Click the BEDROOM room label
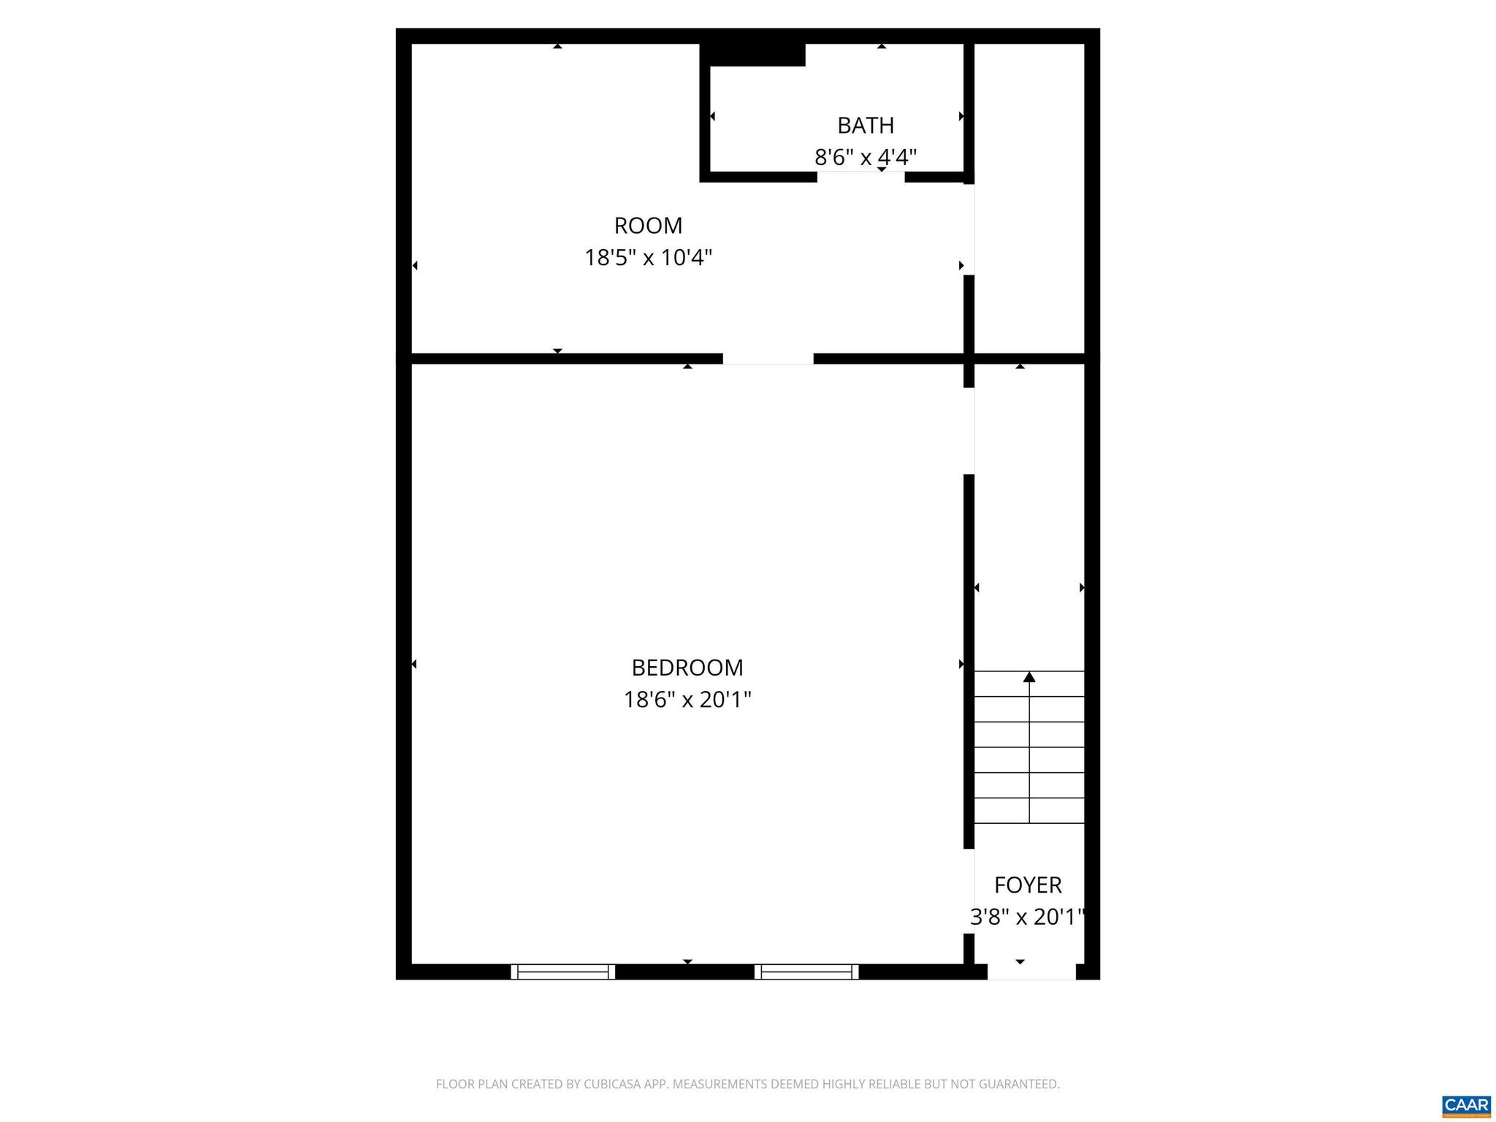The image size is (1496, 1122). click(687, 668)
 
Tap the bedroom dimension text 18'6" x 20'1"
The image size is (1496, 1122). click(687, 700)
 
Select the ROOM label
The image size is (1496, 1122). click(648, 226)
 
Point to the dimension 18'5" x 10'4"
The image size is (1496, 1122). click(648, 258)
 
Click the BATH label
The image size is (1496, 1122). click(866, 126)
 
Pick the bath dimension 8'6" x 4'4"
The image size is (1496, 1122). click(866, 157)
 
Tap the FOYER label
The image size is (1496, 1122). click(1028, 885)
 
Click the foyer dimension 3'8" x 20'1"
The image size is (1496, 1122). click(1026, 917)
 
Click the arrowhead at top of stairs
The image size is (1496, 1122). click(1029, 677)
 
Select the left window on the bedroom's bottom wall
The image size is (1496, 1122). click(562, 972)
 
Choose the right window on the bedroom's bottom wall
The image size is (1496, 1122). click(806, 972)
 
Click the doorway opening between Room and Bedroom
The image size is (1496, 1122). click(768, 359)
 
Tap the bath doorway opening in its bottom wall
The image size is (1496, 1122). click(860, 177)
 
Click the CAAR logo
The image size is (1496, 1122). click(1466, 1106)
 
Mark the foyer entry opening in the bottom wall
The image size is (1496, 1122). click(1031, 972)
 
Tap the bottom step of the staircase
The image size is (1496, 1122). click(1029, 811)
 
